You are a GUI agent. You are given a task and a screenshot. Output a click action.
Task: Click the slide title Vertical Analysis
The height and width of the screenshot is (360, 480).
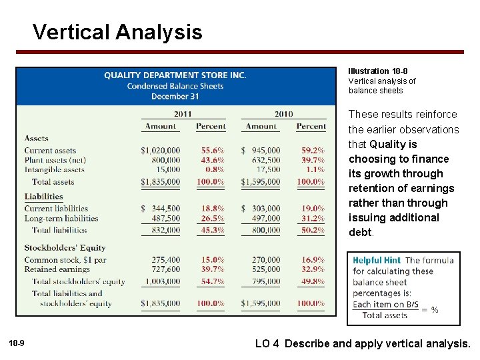click(117, 32)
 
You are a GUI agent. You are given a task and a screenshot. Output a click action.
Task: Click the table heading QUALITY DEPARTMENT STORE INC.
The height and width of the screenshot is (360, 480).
click(175, 75)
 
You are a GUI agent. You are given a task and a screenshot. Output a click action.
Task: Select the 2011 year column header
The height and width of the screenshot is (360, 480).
click(183, 114)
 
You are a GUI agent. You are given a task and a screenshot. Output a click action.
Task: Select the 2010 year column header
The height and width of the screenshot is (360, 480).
click(283, 114)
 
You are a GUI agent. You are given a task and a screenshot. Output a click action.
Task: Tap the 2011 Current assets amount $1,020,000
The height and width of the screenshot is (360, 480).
click(160, 151)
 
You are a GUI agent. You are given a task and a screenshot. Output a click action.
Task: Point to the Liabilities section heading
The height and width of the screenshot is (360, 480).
click(43, 197)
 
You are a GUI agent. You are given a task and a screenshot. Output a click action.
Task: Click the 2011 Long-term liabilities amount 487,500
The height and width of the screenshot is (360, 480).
click(165, 219)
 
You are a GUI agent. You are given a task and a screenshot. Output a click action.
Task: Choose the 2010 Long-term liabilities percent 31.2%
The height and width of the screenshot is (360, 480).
click(313, 219)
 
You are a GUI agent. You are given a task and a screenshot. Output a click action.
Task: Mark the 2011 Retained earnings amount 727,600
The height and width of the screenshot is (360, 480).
click(165, 269)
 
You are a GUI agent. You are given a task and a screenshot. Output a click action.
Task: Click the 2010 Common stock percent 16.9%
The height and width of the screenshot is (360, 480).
click(313, 260)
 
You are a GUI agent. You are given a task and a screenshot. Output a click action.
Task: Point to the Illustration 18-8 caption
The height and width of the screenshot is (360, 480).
click(378, 71)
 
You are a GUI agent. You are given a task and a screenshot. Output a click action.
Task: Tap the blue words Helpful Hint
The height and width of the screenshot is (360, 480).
click(377, 261)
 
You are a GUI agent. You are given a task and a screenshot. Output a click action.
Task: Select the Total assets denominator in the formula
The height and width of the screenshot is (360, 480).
click(385, 315)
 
